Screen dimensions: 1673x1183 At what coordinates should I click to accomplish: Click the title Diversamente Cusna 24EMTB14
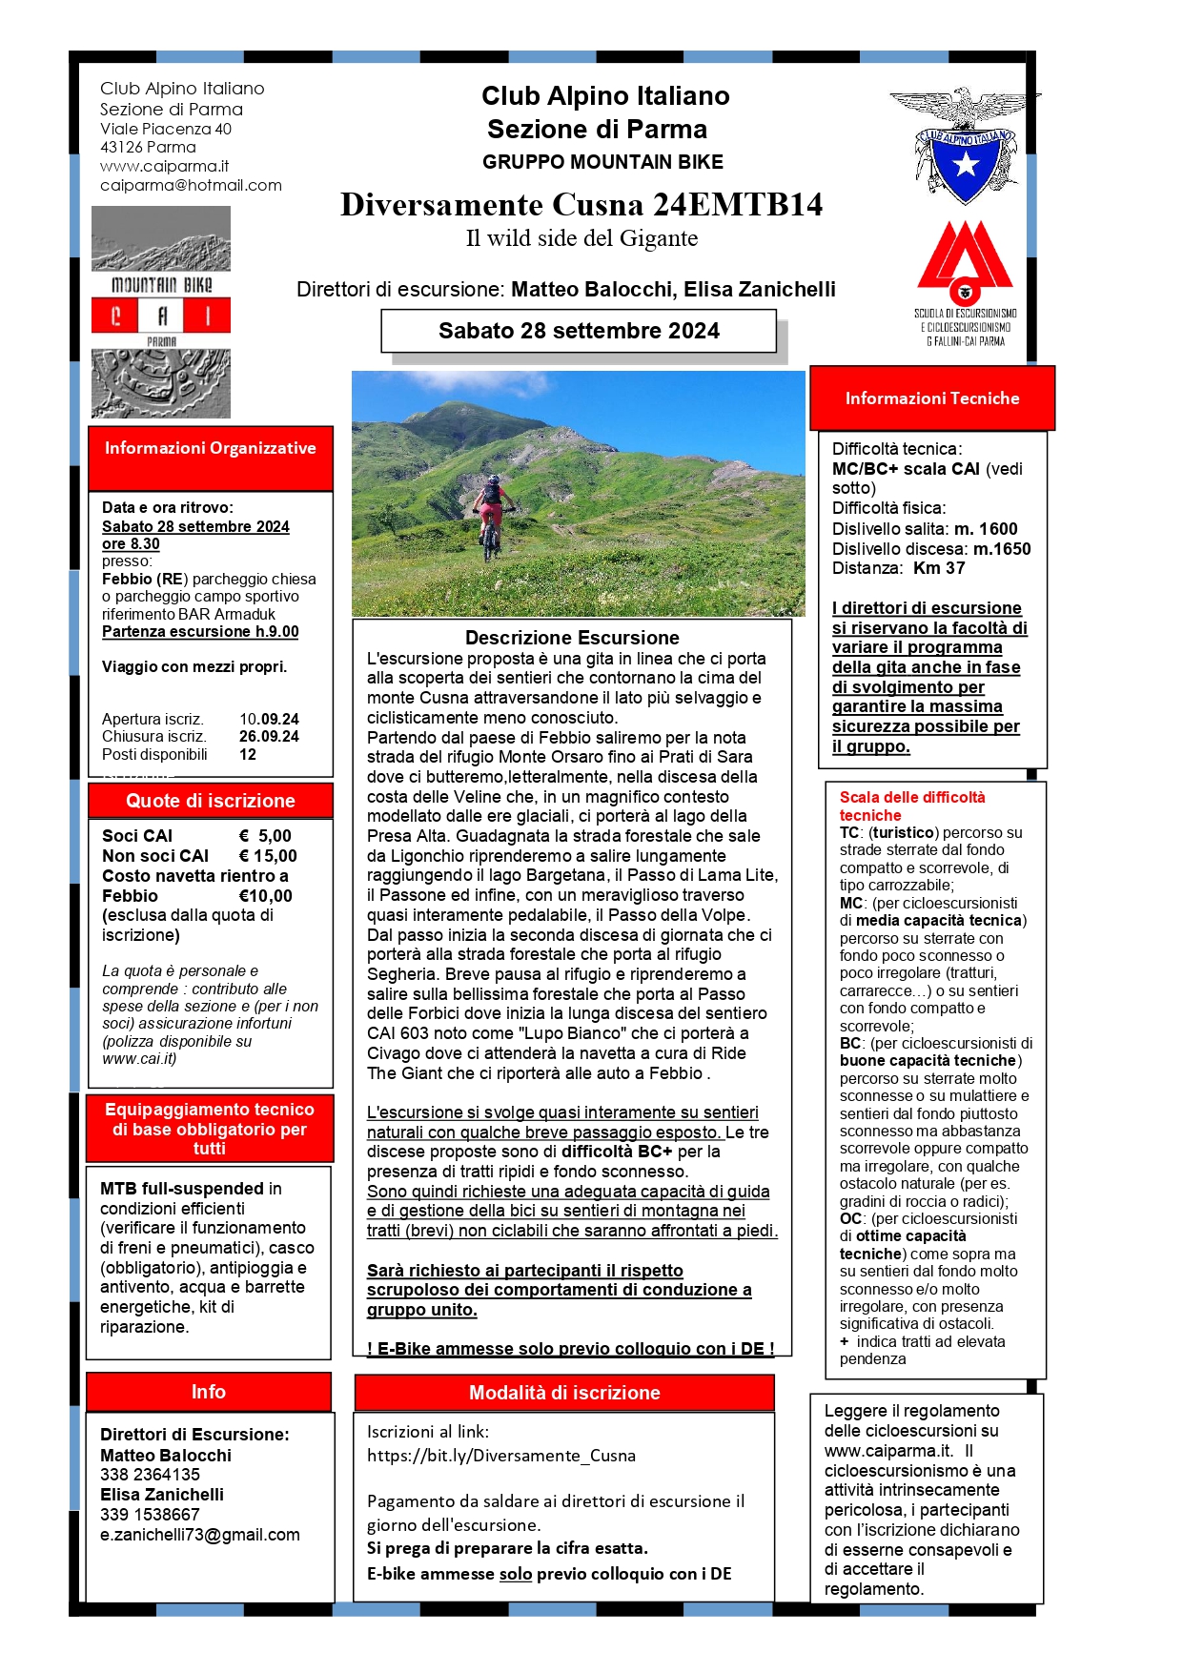coord(581,205)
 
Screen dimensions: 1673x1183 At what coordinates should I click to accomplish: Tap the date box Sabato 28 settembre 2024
coord(579,332)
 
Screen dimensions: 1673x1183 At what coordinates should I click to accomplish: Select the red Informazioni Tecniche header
coord(931,398)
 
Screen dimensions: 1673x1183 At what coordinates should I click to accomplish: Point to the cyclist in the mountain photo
coord(491,515)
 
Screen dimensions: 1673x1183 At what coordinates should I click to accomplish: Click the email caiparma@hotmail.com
coord(191,185)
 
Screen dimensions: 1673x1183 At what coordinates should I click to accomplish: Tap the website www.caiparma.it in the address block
coord(164,166)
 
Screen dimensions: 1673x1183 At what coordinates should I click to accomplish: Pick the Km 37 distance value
coord(939,568)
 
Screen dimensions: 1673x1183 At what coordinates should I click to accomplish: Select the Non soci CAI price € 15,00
coord(268,856)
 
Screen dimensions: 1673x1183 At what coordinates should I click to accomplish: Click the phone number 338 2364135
coord(150,1475)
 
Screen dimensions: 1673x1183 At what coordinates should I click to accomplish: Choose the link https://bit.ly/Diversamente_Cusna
coord(500,1456)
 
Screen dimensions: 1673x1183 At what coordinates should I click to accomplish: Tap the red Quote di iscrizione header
coord(210,801)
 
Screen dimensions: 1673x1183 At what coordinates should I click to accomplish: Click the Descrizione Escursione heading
coord(572,638)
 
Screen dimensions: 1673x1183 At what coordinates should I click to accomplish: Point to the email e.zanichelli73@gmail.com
coord(199,1535)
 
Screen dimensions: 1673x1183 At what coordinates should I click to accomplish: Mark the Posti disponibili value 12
coord(248,754)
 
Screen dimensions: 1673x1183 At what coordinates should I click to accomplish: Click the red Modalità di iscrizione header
coord(564,1393)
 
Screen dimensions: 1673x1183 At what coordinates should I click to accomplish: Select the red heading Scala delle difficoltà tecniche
coord(911,806)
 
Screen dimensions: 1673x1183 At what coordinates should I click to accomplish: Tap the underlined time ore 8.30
coord(131,543)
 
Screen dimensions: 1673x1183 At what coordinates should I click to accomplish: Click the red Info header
coord(208,1392)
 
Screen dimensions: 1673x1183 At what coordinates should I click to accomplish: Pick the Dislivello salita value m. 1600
coord(986,529)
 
